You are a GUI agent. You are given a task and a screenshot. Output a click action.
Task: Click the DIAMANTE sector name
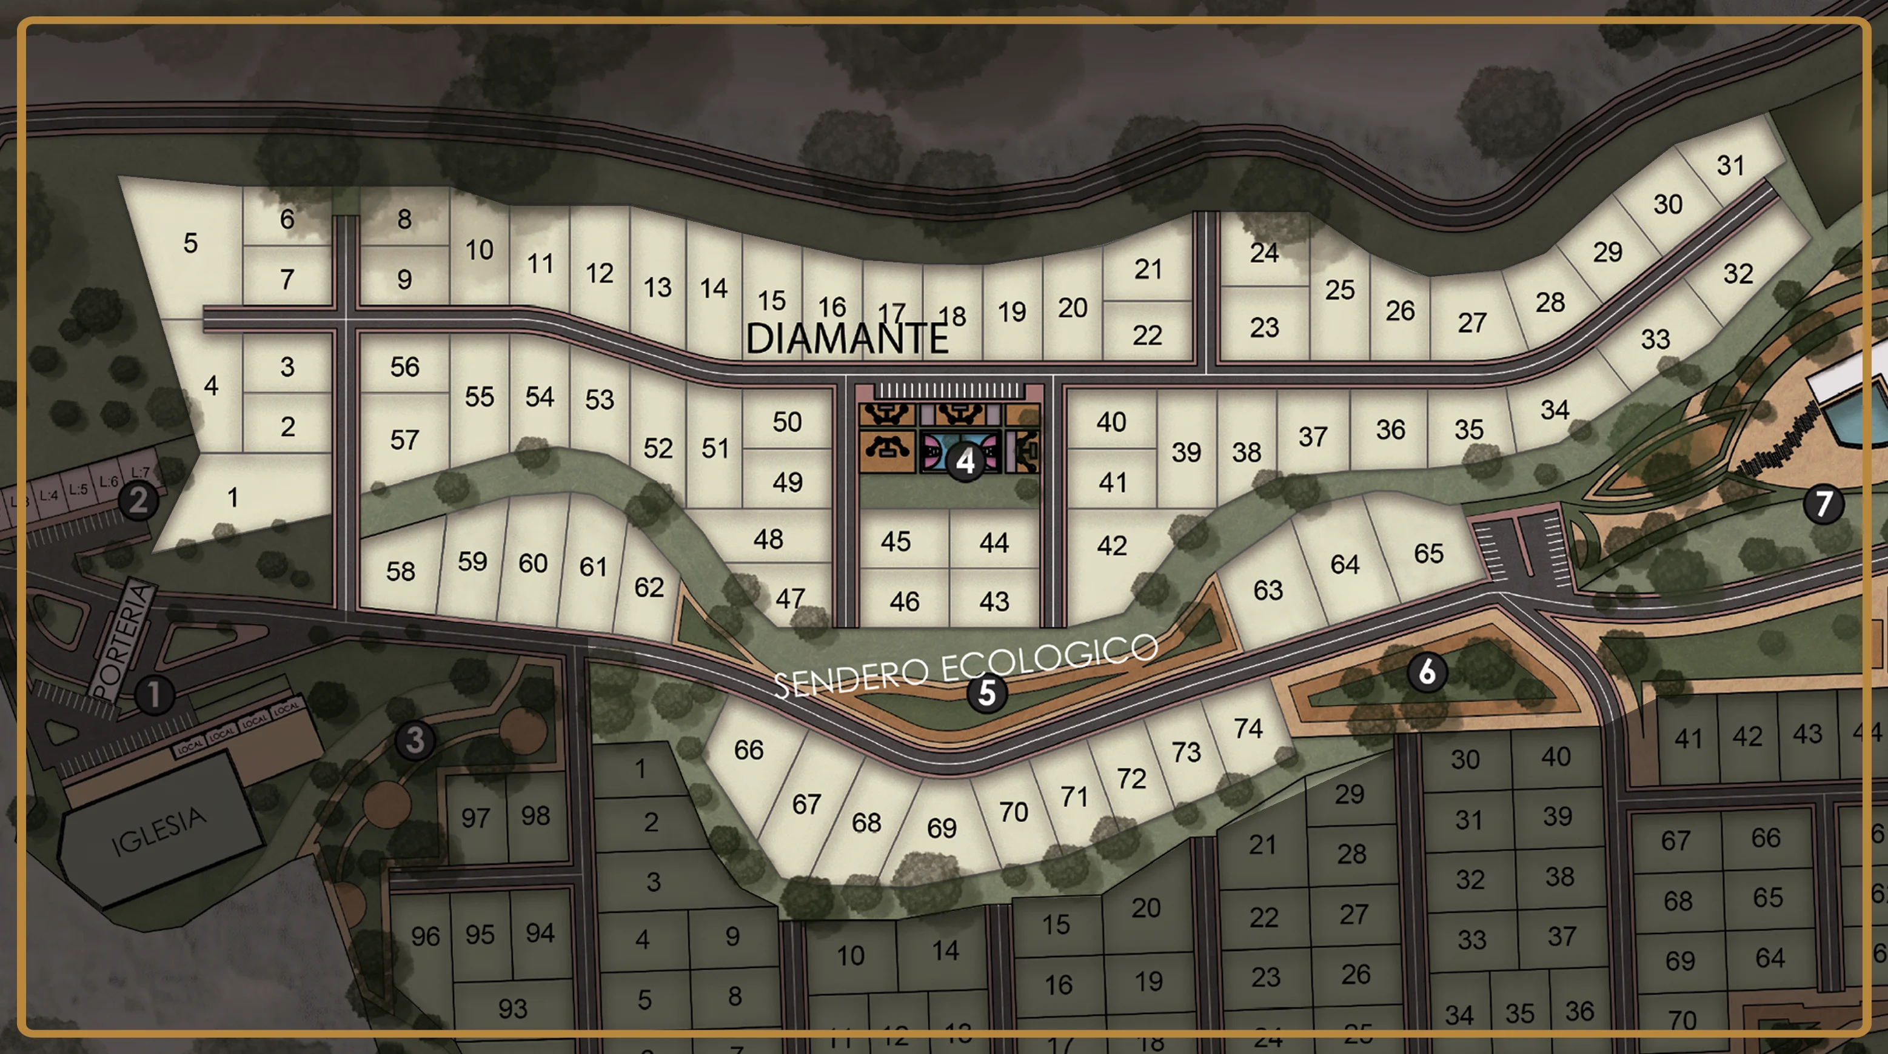click(846, 339)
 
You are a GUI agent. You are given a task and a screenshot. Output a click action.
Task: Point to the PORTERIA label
click(123, 640)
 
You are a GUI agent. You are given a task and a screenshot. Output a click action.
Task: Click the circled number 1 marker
click(154, 694)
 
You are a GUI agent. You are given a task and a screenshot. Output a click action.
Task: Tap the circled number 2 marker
click(138, 500)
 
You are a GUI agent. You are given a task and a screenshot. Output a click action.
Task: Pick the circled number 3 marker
click(415, 740)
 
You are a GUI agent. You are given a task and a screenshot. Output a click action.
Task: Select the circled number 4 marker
click(966, 462)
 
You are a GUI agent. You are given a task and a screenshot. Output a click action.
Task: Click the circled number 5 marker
click(986, 692)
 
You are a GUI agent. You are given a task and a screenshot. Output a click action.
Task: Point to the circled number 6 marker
click(1426, 672)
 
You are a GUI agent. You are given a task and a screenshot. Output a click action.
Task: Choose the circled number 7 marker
click(1823, 503)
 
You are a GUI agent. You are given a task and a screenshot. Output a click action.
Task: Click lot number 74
click(1247, 728)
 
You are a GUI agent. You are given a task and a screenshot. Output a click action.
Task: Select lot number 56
click(404, 367)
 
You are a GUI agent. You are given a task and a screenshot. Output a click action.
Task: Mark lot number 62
click(649, 587)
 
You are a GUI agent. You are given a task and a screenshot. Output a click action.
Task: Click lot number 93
click(512, 1009)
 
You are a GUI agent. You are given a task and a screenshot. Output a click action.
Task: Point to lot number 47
click(790, 598)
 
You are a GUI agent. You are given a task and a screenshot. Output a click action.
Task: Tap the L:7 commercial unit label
click(140, 472)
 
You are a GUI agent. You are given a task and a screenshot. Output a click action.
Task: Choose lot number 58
click(401, 571)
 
